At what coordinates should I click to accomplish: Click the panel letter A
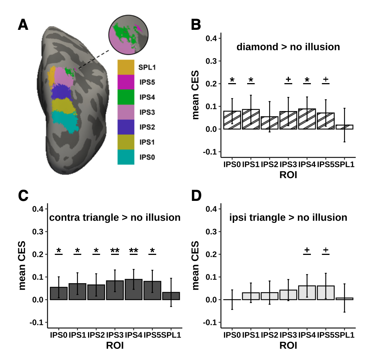pos(23,25)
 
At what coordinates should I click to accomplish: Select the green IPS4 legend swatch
pos(126,97)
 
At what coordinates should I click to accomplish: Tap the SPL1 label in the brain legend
pos(146,67)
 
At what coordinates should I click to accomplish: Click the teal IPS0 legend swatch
pos(126,157)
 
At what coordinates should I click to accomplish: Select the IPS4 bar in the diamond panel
pos(307,119)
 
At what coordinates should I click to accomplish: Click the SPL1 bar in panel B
pos(344,127)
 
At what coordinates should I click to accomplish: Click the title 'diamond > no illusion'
pos(288,47)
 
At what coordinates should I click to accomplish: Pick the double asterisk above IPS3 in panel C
pos(115,250)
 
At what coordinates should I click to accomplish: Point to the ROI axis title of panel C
pos(115,345)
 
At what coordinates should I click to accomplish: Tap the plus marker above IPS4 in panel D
pos(307,250)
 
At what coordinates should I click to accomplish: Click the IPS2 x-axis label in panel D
pos(270,335)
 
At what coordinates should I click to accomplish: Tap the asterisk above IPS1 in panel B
pos(251,80)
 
